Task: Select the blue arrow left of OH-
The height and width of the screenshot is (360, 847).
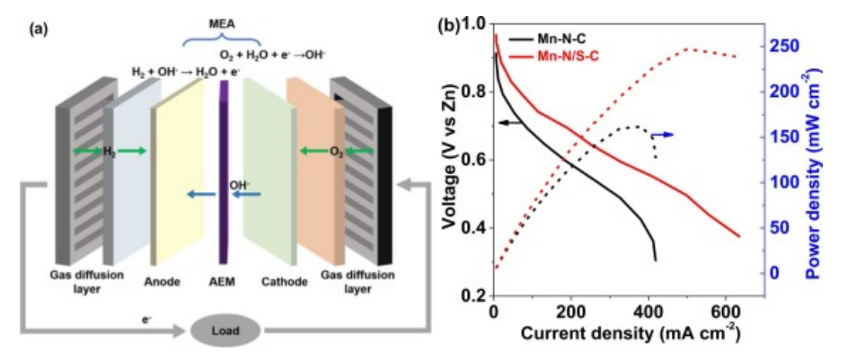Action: pos(199,191)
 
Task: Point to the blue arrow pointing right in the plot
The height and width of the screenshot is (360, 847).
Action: pos(663,133)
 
